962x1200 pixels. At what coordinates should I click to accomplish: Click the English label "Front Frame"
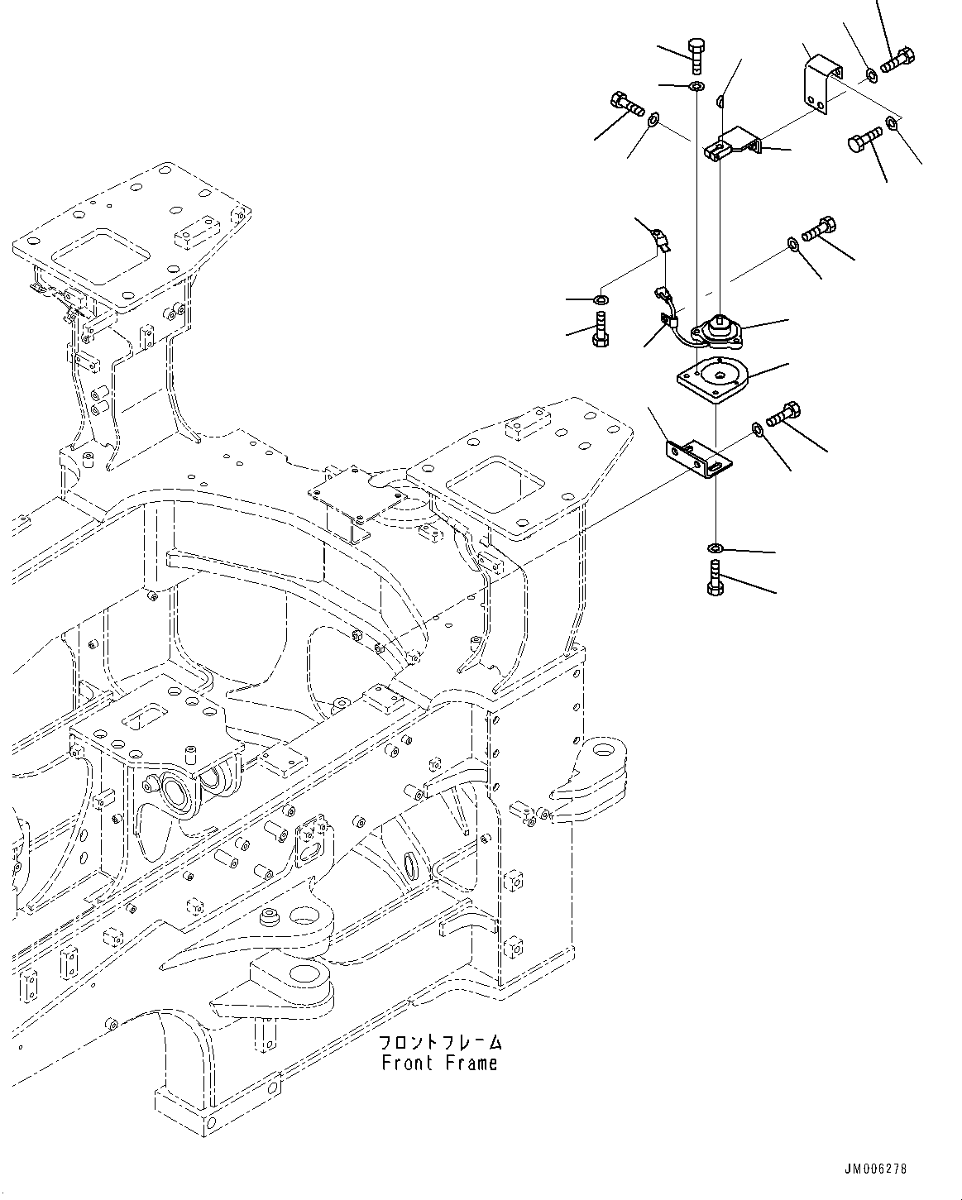coord(439,1063)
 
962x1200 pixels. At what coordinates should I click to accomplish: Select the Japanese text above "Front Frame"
coord(439,1042)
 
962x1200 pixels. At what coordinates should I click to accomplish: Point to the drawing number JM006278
coord(875,1169)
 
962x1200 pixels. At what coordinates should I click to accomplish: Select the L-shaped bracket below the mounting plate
coord(699,459)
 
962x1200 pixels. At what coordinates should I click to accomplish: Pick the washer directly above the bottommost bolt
coord(716,547)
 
